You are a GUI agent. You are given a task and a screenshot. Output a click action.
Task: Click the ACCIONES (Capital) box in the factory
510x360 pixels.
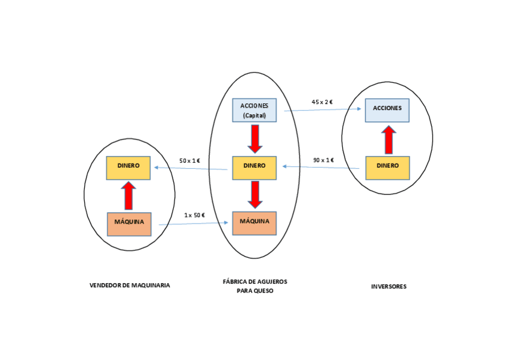point(254,110)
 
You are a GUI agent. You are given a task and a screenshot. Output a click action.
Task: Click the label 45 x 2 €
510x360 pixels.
point(322,102)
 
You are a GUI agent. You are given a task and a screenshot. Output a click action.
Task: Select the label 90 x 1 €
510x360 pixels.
point(324,160)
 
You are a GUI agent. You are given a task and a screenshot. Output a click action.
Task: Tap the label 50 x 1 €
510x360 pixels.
point(190,160)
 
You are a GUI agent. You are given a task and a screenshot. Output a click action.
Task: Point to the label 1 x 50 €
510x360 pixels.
point(195,215)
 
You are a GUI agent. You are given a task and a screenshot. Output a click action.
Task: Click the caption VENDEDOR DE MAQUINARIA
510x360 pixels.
point(129,285)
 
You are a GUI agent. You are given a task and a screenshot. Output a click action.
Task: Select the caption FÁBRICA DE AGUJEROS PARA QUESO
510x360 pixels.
point(254,285)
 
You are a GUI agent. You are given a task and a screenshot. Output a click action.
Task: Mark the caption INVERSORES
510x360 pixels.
point(389,287)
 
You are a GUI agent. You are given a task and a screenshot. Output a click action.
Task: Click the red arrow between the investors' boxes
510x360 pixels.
point(389,139)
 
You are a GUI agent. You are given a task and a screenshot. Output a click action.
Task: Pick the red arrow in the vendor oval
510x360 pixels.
point(128,195)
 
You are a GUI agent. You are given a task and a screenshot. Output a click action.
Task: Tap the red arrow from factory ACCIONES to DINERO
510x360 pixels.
point(255,139)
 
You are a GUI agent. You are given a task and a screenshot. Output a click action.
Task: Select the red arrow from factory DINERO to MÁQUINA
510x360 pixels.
point(255,194)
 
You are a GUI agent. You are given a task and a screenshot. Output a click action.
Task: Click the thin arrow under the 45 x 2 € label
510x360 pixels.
point(322,110)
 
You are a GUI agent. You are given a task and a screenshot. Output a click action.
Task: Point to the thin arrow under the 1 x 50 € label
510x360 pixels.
point(194,224)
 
